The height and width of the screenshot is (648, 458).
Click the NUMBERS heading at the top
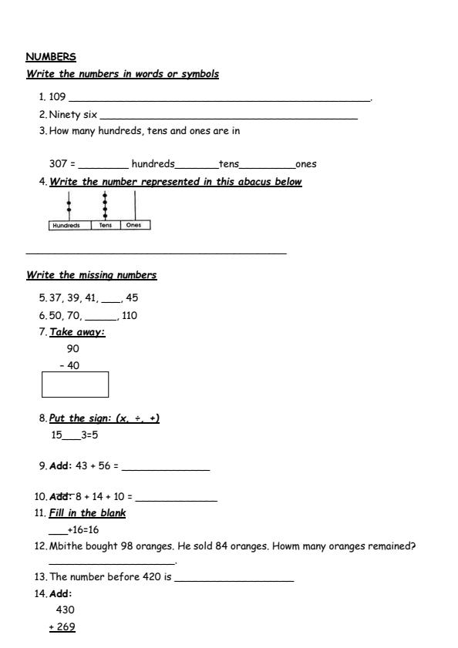tap(51, 56)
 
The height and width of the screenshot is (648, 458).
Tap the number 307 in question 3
tap(58, 163)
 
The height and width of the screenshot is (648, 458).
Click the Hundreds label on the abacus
tap(69, 226)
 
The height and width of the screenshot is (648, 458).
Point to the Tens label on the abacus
tap(106, 226)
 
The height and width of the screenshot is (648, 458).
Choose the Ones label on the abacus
tap(135, 226)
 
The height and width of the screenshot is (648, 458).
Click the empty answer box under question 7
tap(75, 384)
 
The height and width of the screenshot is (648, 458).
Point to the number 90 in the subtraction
tap(73, 348)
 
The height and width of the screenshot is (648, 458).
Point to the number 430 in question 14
tap(65, 609)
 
